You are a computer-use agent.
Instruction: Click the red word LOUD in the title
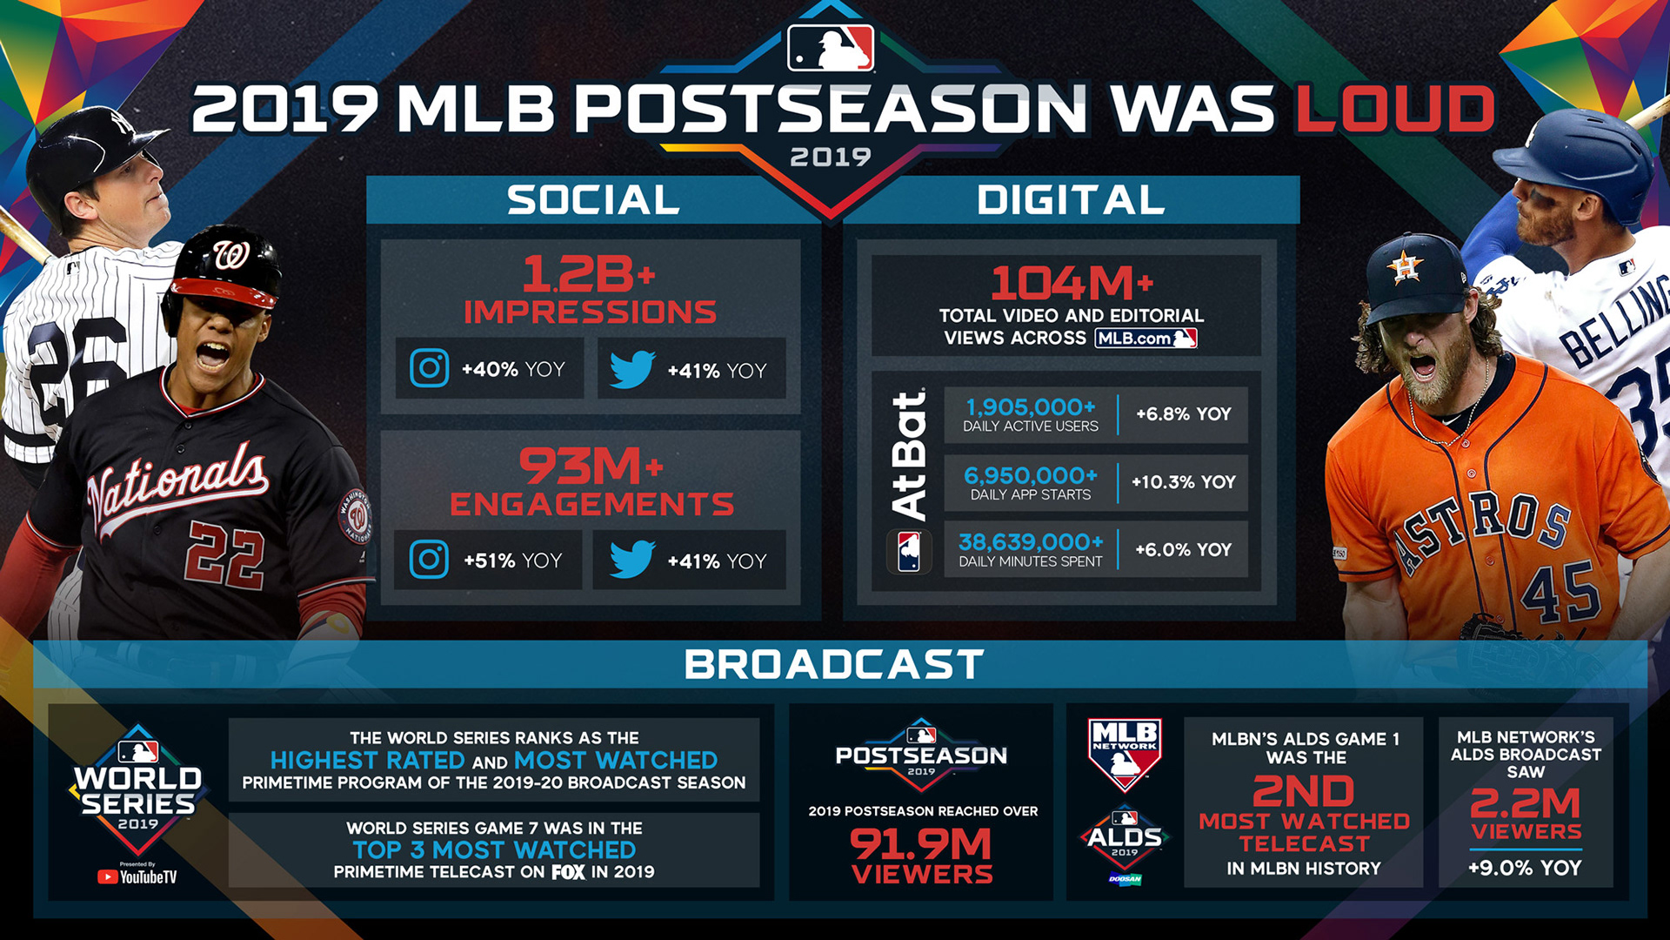coord(1395,109)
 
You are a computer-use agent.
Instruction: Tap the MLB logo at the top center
coord(831,47)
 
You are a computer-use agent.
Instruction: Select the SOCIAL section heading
coord(593,199)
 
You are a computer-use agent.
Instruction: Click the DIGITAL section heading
coord(1071,199)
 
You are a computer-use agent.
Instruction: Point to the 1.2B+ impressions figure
coord(589,274)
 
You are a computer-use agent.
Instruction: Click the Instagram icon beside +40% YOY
coord(430,368)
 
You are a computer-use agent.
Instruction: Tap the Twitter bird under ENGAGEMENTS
coord(632,559)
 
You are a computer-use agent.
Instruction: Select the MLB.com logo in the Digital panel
coord(1146,338)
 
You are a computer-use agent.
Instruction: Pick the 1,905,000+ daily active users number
coord(1031,406)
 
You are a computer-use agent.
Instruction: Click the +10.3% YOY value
coord(1183,481)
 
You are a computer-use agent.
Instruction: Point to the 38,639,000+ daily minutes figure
coord(1031,541)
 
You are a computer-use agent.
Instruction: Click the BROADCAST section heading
coord(833,664)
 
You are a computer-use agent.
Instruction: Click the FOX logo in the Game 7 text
coord(569,871)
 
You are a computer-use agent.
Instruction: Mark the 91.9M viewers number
coord(921,843)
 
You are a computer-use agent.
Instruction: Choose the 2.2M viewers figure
coord(1526,802)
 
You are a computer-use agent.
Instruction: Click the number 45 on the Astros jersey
coord(1561,593)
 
